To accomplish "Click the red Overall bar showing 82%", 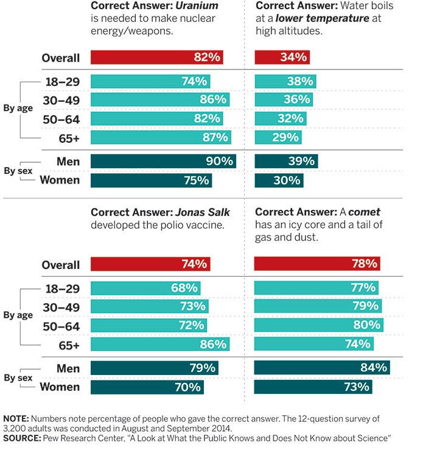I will pyautogui.click(x=157, y=58).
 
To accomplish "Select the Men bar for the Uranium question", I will pyautogui.click(x=163, y=162).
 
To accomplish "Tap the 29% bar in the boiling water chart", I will pyautogui.click(x=277, y=137).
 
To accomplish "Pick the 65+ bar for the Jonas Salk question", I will pyautogui.click(x=161, y=345).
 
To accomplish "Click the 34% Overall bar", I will pyautogui.click(x=282, y=58).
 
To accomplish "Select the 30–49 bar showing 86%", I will pyautogui.click(x=160, y=99).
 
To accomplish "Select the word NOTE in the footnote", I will pyautogui.click(x=15, y=419).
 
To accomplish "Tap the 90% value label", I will pyautogui.click(x=219, y=162).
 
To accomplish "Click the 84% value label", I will pyautogui.click(x=372, y=368).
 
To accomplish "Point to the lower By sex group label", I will pyautogui.click(x=18, y=378).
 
